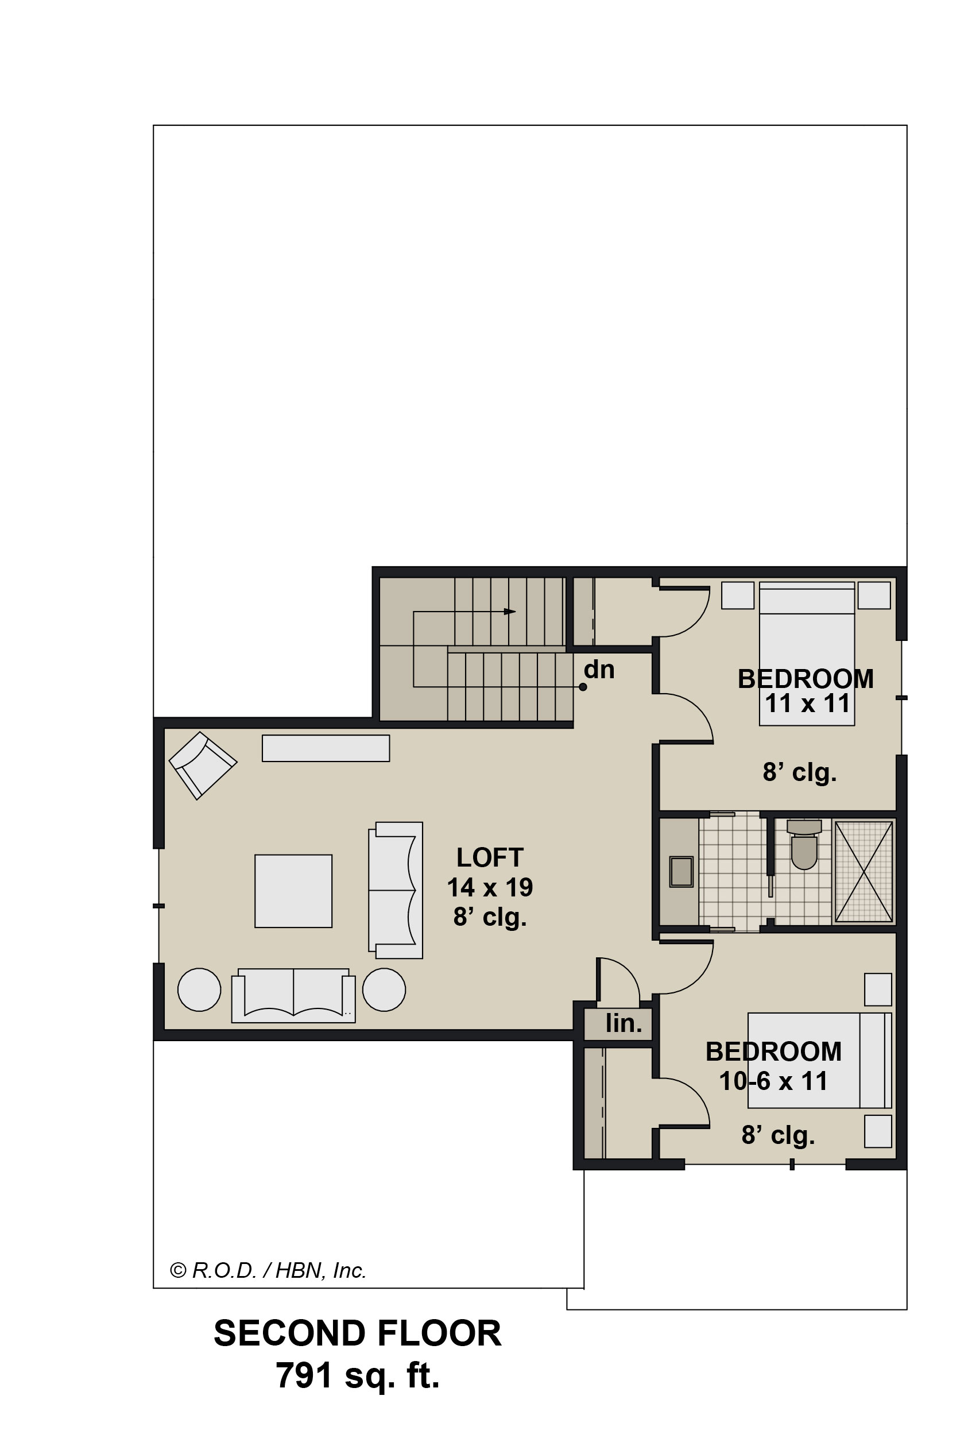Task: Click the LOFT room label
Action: coord(490,857)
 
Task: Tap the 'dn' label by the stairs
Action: coord(599,670)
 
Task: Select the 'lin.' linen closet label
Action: coord(624,1023)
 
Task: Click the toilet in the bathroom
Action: coord(804,844)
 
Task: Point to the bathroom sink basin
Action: coord(681,872)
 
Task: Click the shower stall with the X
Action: coord(863,872)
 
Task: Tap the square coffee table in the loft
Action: coord(293,891)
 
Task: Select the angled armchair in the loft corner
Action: coord(203,766)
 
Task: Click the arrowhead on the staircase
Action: coord(510,612)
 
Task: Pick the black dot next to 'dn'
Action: coord(583,687)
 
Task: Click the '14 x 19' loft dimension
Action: coord(490,887)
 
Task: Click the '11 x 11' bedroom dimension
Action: coord(807,703)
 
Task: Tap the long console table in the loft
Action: coord(326,748)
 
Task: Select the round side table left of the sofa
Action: coord(199,989)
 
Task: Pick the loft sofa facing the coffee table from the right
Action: coord(396,890)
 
